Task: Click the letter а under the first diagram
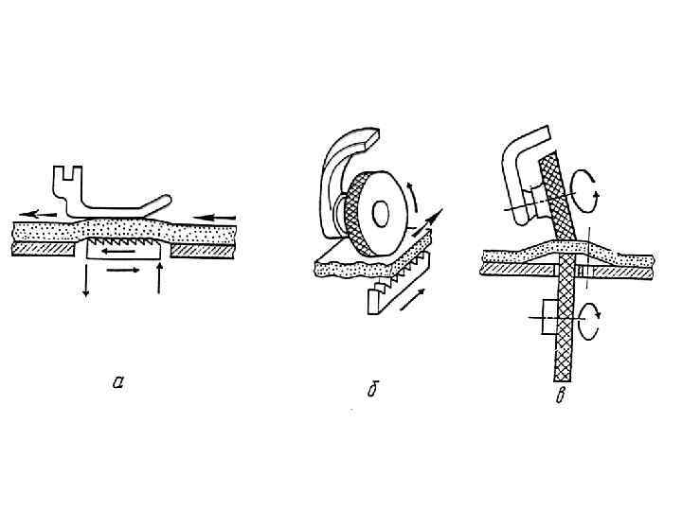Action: click(x=117, y=382)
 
